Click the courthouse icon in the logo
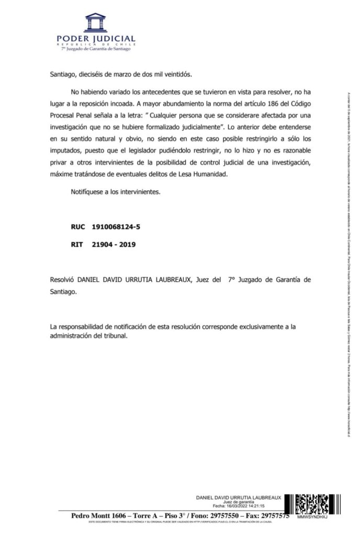pyautogui.click(x=95, y=23)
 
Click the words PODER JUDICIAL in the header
pyautogui.click(x=96, y=39)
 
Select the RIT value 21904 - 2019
pyautogui.click(x=114, y=243)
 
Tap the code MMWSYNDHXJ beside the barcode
pyautogui.click(x=311, y=517)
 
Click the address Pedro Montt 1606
pyautogui.click(x=99, y=516)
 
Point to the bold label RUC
pyautogui.click(x=77, y=228)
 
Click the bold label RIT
pyautogui.click(x=77, y=243)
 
